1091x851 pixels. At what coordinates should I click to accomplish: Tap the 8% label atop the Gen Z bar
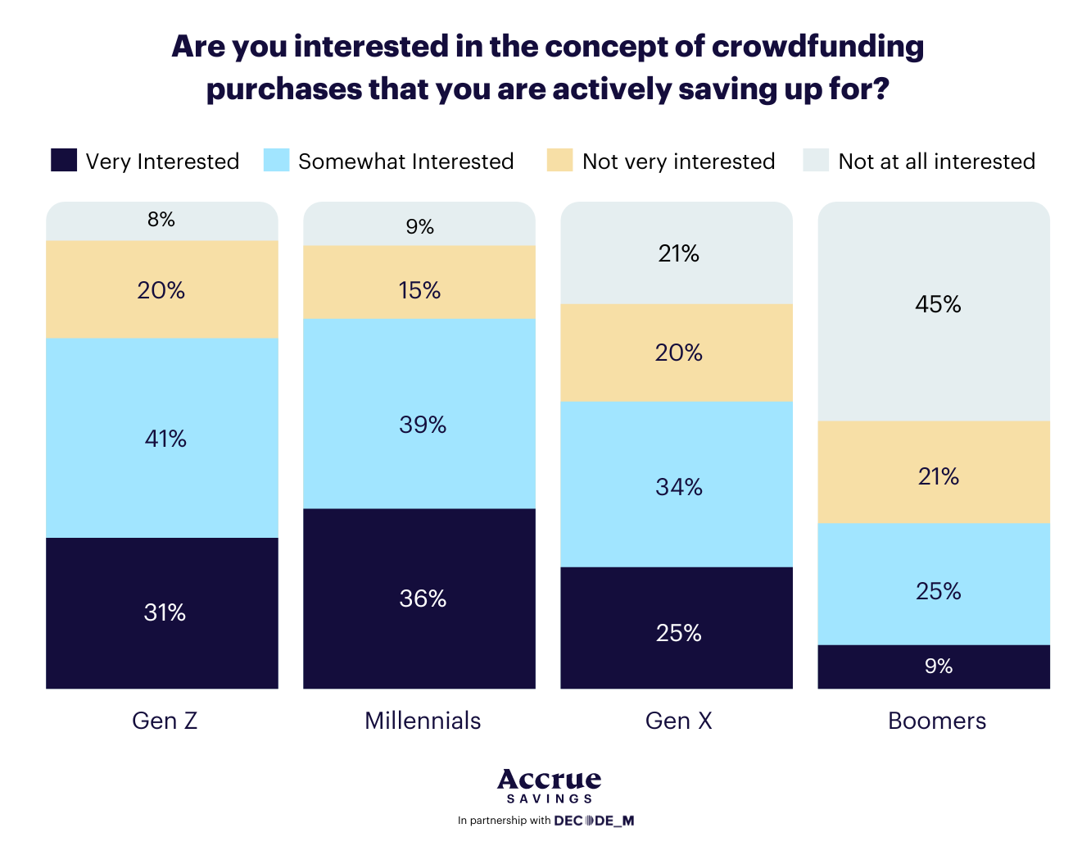[161, 220]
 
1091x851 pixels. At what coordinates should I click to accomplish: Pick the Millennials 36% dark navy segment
[419, 598]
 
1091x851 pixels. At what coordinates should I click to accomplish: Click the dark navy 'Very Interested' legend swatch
[64, 160]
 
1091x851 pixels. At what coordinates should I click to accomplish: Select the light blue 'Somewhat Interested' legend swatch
[277, 160]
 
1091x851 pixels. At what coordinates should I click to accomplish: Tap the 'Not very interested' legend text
[678, 162]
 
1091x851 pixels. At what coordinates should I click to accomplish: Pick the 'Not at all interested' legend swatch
[816, 160]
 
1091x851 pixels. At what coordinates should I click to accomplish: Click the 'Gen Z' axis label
[165, 721]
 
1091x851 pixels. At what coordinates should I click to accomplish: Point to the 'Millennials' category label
[423, 721]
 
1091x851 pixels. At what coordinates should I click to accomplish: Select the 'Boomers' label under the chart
[937, 721]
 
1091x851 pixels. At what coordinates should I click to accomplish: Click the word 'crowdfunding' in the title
[817, 47]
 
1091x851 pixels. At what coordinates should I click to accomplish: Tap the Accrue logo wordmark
[549, 780]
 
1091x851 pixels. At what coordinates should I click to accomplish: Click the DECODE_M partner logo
[594, 821]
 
